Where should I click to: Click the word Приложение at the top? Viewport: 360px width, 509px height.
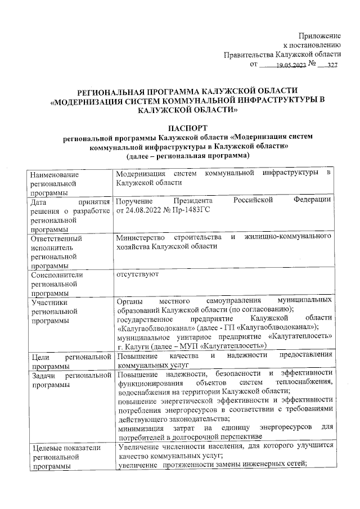[x=320, y=35]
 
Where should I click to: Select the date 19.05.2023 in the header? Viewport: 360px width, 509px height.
[x=291, y=65]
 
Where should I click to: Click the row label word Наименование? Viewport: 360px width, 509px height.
[x=56, y=174]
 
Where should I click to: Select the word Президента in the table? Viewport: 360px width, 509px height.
[x=193, y=201]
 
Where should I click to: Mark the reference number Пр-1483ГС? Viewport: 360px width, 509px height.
[x=191, y=210]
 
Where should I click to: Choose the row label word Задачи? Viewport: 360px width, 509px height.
[x=45, y=375]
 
